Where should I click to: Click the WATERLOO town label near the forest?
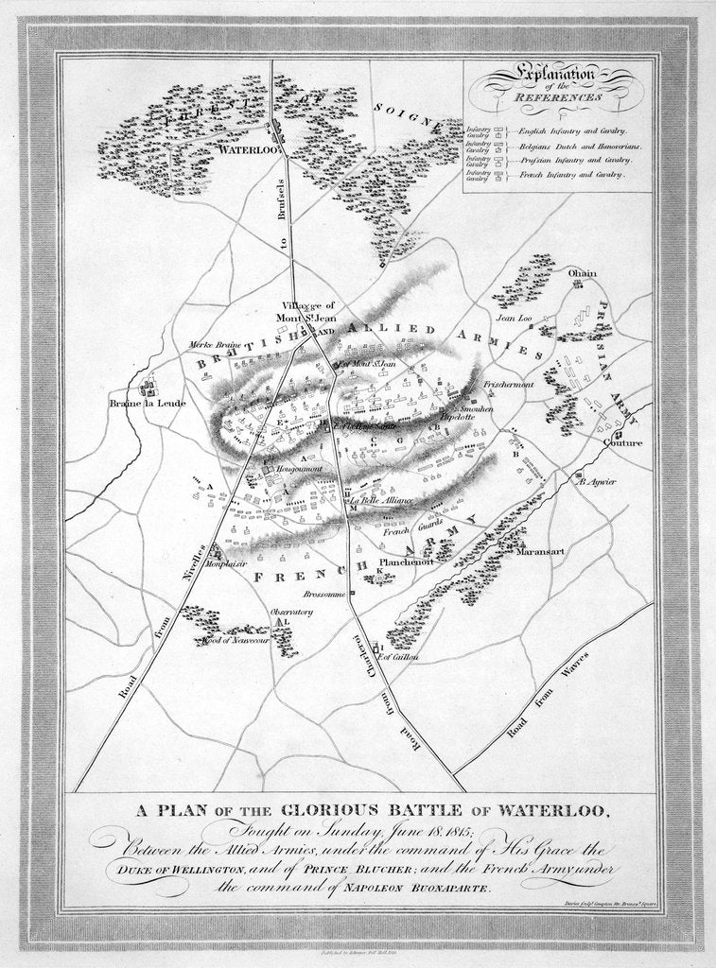click(246, 150)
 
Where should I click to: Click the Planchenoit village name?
click(406, 561)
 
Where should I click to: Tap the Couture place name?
click(623, 442)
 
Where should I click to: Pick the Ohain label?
click(583, 273)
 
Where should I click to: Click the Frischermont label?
click(510, 385)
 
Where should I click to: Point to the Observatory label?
click(291, 612)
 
